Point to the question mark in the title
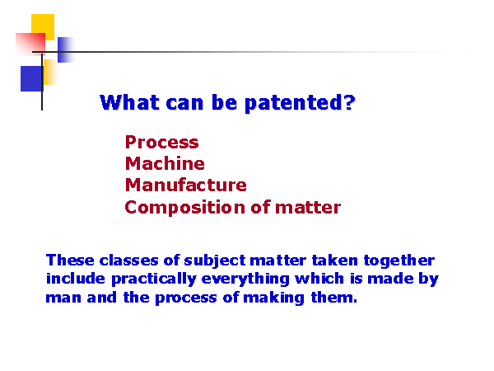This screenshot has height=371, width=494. point(349,102)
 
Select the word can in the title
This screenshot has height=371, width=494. point(184,105)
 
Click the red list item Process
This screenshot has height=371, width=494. point(162,142)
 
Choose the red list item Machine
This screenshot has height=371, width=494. point(165,163)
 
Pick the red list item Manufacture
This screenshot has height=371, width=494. point(185,185)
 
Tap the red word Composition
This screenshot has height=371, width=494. point(184,208)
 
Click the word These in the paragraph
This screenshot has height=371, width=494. point(70,261)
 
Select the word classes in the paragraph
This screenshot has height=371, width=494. point(128,261)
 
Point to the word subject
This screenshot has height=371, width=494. point(215,261)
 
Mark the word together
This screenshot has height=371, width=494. point(399,261)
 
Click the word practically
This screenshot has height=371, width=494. point(154,279)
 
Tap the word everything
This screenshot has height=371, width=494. point(245,279)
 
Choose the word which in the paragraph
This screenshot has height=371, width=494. point(319,279)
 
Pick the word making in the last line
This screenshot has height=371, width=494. point(274,298)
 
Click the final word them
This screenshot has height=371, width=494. point(334,297)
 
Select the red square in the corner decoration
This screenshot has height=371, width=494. point(30,44)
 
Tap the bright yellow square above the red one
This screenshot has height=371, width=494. point(43,27)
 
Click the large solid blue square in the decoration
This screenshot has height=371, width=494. point(31,78)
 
